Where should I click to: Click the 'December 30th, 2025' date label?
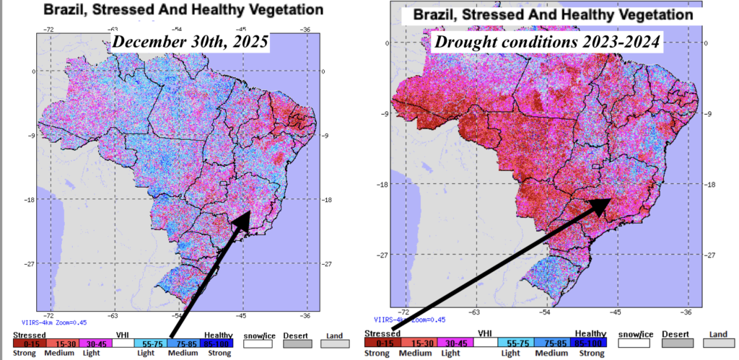(190, 43)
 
